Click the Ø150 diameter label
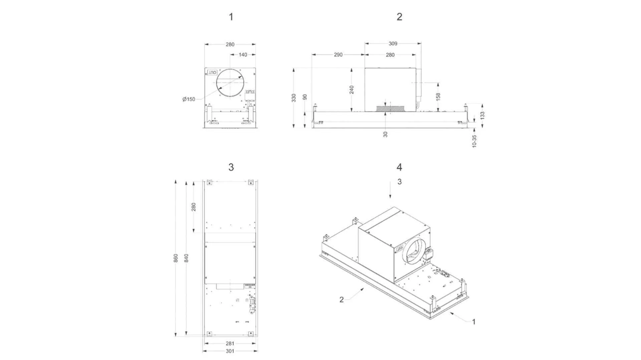point(189,99)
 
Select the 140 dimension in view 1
point(243,55)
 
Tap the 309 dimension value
point(393,44)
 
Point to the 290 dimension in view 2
point(338,55)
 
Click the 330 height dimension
point(294,98)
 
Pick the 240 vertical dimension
point(352,89)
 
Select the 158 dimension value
point(438,96)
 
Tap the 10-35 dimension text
point(474,141)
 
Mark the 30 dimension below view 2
point(386,134)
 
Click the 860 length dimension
point(176,258)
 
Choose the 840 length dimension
point(187,258)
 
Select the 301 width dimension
point(230,351)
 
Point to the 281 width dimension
point(230,343)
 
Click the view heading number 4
point(399,167)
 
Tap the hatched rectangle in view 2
point(390,109)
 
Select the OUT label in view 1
point(212,73)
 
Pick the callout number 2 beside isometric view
point(341,300)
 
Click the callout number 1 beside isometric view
point(473,322)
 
